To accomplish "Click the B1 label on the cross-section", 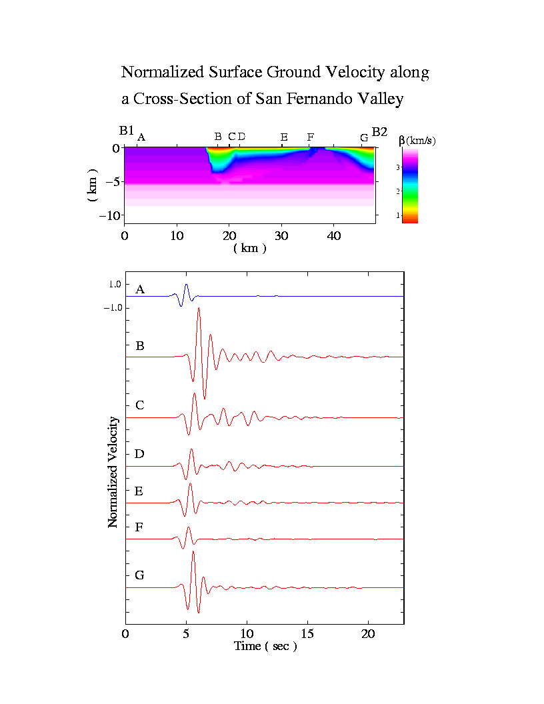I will [x=127, y=131].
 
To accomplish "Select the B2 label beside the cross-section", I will [x=379, y=132].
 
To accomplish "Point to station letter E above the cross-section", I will [x=284, y=137].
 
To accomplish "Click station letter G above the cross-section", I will [x=364, y=137].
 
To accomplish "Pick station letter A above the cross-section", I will [x=141, y=137].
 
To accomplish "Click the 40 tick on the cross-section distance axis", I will [x=334, y=235].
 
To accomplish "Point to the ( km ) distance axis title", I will [x=250, y=248].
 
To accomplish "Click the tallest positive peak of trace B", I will [x=199, y=309].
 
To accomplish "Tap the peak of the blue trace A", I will [x=186, y=285].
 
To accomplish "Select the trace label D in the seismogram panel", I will [x=139, y=454].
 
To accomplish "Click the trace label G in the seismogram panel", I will [x=139, y=575].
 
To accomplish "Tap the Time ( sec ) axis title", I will [x=265, y=646].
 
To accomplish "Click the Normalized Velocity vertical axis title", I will [x=113, y=472].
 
